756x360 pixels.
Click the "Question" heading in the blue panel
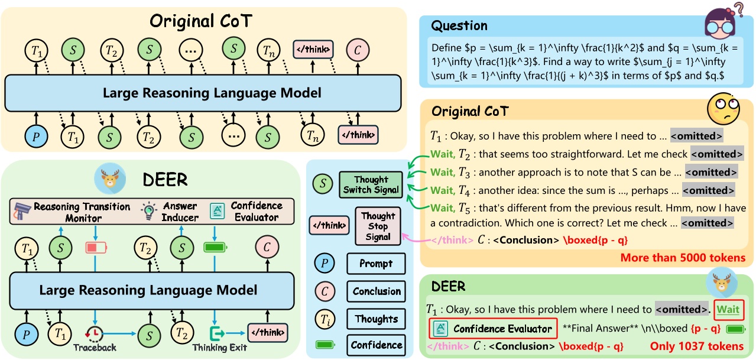click(459, 25)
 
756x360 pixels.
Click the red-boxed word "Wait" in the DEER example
click(728, 309)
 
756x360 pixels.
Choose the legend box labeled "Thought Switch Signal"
click(371, 185)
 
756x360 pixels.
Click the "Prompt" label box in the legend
click(376, 264)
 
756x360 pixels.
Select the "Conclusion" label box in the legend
click(376, 291)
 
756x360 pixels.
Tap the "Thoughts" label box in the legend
click(376, 319)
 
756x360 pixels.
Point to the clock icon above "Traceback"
click(93, 333)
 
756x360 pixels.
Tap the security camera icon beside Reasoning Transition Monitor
click(22, 210)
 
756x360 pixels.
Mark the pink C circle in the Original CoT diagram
click(358, 49)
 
